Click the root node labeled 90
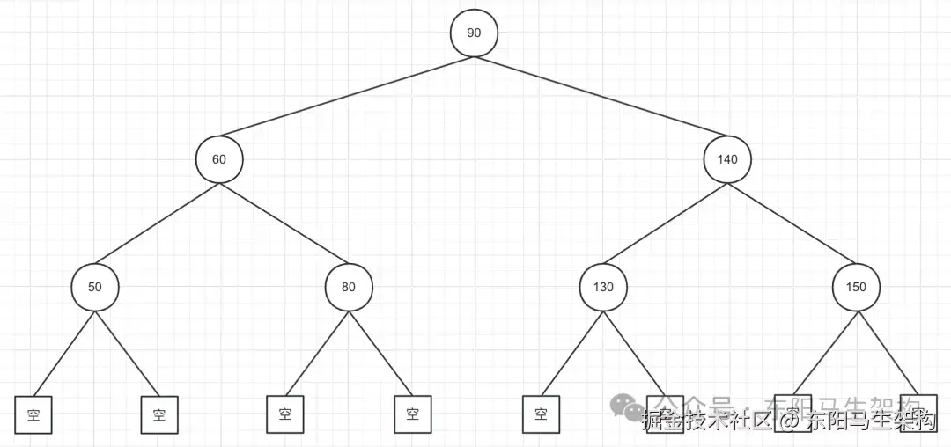pos(474,33)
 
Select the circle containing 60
pos(219,159)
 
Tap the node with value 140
pos(727,159)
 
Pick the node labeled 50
pos(94,287)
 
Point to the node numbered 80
pos(348,287)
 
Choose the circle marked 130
pos(602,287)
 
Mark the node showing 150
pos(855,287)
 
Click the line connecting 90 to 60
pos(346,97)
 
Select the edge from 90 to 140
pos(601,97)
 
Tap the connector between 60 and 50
pos(157,223)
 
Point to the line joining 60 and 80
pos(284,223)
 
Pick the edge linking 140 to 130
pos(665,223)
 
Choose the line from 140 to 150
pos(792,223)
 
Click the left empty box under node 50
pos(33,414)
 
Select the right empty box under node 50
pos(159,414)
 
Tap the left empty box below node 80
pos(285,414)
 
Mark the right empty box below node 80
pos(412,414)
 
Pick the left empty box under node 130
pos(540,414)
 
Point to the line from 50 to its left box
pos(64,352)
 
